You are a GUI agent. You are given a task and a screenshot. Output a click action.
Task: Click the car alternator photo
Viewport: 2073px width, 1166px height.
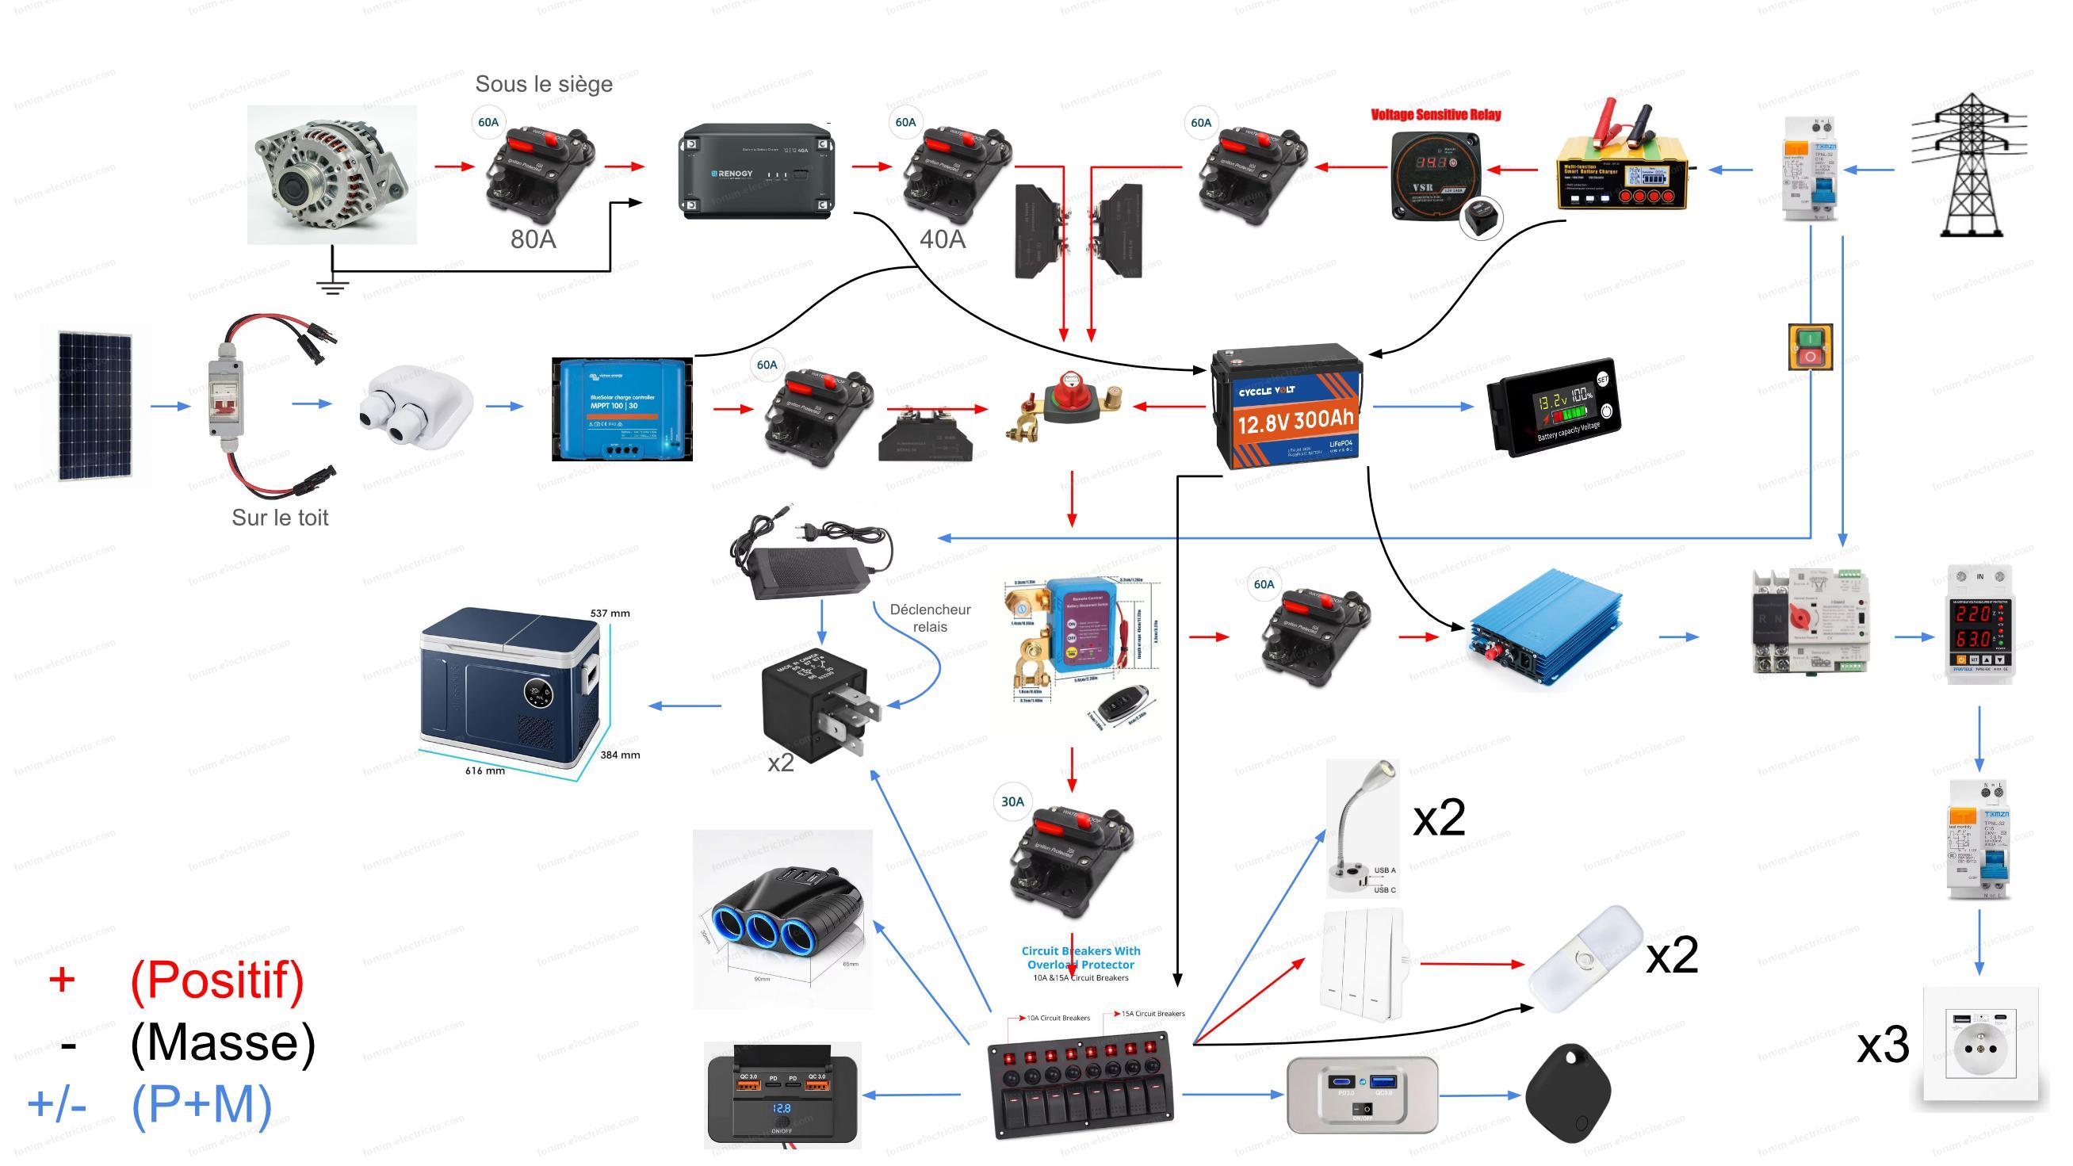[x=331, y=174]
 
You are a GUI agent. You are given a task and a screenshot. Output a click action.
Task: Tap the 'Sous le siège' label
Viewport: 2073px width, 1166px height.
[x=543, y=84]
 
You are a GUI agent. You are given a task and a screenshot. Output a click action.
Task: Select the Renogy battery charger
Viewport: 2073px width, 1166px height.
[x=756, y=170]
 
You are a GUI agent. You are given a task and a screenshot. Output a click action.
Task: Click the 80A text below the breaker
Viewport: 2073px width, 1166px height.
[x=533, y=239]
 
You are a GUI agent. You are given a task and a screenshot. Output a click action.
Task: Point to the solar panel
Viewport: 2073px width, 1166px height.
[x=95, y=407]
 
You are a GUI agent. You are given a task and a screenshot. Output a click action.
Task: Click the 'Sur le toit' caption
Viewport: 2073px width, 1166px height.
[x=279, y=518]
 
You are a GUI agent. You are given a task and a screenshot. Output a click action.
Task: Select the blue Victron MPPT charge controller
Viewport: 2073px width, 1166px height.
[x=622, y=409]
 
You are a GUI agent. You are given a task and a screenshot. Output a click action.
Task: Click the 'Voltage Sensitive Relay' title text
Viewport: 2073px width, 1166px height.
[x=1436, y=114]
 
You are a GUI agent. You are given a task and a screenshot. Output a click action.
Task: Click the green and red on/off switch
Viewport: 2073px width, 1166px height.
[x=1810, y=348]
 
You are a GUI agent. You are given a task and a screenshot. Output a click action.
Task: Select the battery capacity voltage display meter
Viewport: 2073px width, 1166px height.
[x=1553, y=408]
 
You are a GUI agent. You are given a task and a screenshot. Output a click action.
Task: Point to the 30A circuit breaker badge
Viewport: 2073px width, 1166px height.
[x=1012, y=801]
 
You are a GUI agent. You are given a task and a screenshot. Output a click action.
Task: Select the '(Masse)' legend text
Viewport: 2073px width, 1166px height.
[x=222, y=1043]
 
